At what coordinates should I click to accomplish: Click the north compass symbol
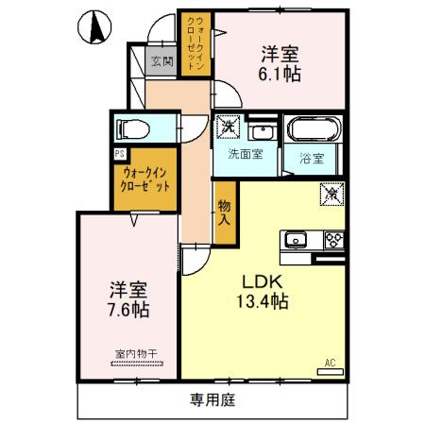(x=94, y=27)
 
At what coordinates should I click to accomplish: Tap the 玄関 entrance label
(x=162, y=61)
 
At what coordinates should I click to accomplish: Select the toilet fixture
(x=132, y=129)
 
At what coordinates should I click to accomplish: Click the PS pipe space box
(x=120, y=154)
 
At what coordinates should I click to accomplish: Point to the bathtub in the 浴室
(x=314, y=129)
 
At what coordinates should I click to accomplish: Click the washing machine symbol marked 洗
(x=228, y=127)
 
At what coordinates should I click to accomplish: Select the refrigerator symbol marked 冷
(x=331, y=194)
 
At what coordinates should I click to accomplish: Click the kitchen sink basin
(x=295, y=240)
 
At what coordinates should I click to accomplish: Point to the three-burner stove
(x=334, y=241)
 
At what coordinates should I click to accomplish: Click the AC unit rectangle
(x=331, y=372)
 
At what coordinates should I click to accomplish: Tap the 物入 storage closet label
(x=225, y=212)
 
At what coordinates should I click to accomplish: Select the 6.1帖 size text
(x=280, y=75)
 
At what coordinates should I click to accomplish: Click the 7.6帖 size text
(x=128, y=310)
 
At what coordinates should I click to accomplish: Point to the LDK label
(x=263, y=281)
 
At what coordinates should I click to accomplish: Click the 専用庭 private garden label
(x=212, y=400)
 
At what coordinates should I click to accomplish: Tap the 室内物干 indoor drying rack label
(x=136, y=354)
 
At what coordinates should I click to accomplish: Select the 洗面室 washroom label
(x=246, y=154)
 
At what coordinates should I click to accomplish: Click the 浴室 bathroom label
(x=312, y=159)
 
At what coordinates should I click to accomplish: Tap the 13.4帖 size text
(x=263, y=301)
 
